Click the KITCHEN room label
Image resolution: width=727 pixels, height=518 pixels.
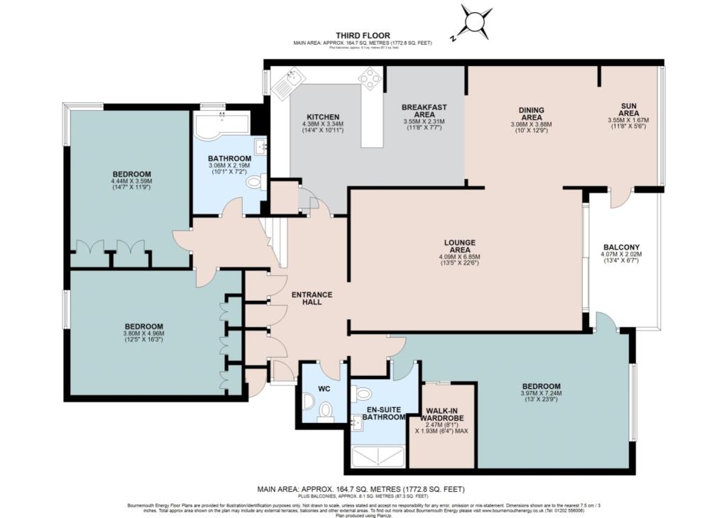point(323,117)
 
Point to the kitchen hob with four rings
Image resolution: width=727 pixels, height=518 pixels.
point(370,78)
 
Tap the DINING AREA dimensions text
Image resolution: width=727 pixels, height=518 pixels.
point(531,128)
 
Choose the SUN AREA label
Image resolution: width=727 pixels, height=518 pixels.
point(629,109)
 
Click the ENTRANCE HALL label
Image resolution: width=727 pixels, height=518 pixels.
point(312,298)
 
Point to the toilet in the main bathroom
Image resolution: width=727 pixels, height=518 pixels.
point(254,182)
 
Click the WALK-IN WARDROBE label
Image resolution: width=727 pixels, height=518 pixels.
point(445,414)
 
